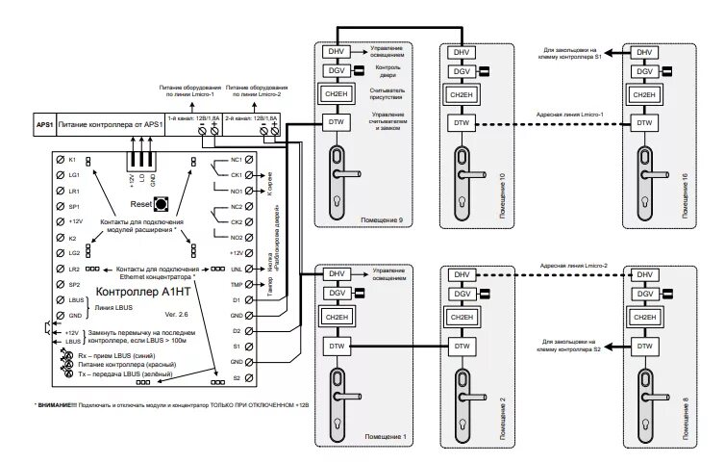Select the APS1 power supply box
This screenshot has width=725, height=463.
pyautogui.click(x=44, y=124)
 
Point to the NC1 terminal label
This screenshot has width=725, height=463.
pyautogui.click(x=236, y=159)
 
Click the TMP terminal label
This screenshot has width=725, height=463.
pyautogui.click(x=236, y=285)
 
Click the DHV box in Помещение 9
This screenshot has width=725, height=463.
pyautogui.click(x=336, y=52)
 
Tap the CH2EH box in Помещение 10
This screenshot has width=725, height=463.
pyautogui.click(x=461, y=96)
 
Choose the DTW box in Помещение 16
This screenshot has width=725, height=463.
pyautogui.click(x=641, y=122)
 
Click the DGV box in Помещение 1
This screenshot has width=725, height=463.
pyautogui.click(x=336, y=294)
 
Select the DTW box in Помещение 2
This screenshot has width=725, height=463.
pyautogui.click(x=461, y=346)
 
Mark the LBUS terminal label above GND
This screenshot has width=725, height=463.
pyautogui.click(x=75, y=300)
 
